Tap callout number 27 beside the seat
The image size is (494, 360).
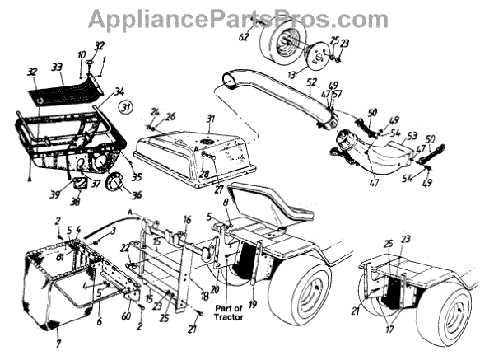(219, 189)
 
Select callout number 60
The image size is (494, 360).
(126, 316)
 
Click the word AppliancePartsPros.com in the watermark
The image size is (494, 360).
(246, 18)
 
